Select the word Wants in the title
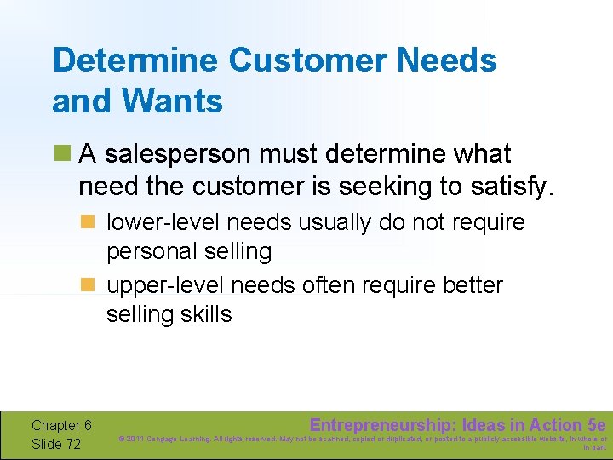point(173,101)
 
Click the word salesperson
point(189,154)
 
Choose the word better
point(473,285)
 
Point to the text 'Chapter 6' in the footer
point(61,425)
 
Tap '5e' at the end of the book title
point(597,425)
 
